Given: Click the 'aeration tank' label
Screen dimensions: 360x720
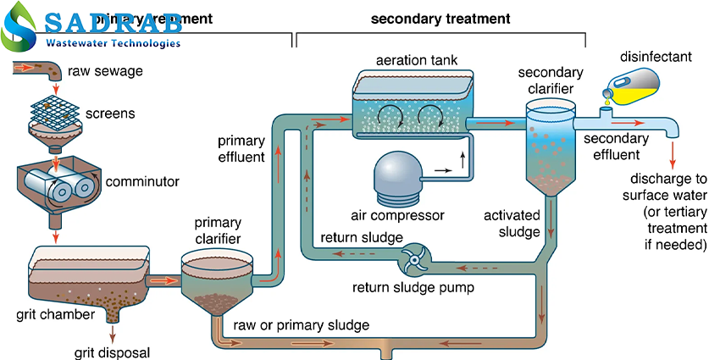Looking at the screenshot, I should (x=411, y=63).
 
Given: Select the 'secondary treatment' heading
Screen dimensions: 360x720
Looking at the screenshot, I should (x=440, y=18).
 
